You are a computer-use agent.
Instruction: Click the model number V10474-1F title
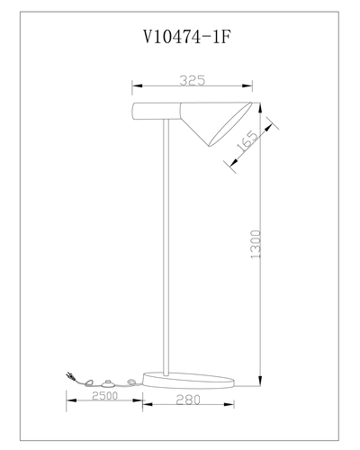pyautogui.click(x=188, y=38)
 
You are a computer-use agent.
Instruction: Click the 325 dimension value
pyautogui.click(x=193, y=80)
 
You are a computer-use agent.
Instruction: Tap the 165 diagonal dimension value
pyautogui.click(x=247, y=141)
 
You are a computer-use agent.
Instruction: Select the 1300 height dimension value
pyautogui.click(x=256, y=244)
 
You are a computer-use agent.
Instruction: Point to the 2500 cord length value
pyautogui.click(x=104, y=396)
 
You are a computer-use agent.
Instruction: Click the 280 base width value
pyautogui.click(x=188, y=400)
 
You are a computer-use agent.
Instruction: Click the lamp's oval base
pyautogui.click(x=188, y=381)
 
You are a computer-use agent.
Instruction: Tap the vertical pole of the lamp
pyautogui.click(x=166, y=247)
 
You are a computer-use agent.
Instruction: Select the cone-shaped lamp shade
pyautogui.click(x=216, y=121)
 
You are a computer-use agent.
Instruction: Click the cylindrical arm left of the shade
pyautogui.click(x=157, y=111)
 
